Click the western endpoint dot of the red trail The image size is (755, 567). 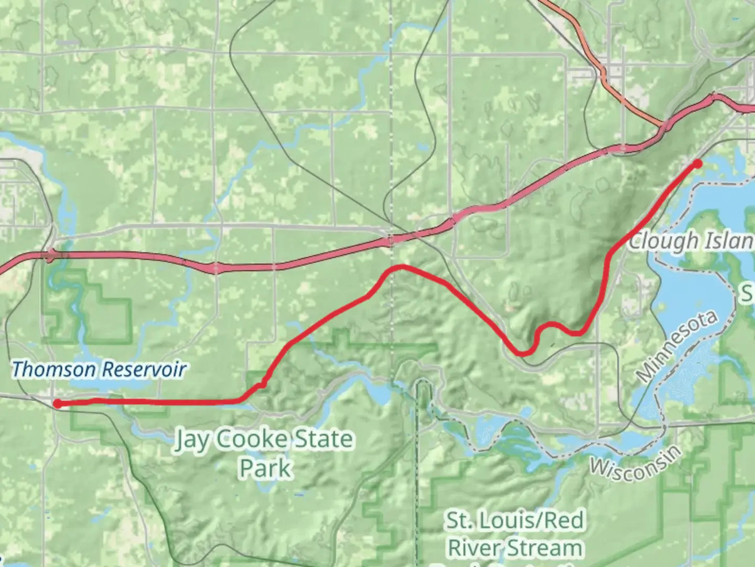[57, 403]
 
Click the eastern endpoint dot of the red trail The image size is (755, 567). [697, 164]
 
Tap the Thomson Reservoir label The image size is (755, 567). [99, 370]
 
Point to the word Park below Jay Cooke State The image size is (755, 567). [265, 468]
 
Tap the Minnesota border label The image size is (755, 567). [676, 346]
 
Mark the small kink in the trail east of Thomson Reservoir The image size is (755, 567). [262, 385]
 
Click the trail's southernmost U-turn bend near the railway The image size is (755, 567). [522, 354]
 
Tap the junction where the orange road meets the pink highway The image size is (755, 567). [665, 126]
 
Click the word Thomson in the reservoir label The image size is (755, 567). [55, 370]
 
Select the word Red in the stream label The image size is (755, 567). [563, 520]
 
